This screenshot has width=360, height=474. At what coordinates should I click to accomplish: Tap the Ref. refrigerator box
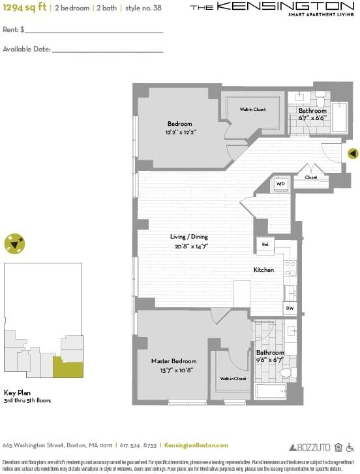265,244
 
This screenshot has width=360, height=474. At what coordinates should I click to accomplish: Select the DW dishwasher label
289,308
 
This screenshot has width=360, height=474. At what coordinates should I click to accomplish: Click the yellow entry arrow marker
352,153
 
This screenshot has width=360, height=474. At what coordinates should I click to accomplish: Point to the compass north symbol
14,244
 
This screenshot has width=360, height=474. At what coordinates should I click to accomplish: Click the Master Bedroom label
173,361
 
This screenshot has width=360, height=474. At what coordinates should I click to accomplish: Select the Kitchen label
263,269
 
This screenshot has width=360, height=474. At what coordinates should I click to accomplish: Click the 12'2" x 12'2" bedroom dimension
180,132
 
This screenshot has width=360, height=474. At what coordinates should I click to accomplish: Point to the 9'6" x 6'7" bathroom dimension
271,359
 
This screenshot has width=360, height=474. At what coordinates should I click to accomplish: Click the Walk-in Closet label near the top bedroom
252,110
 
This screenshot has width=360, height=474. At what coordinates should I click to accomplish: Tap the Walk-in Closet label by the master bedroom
232,378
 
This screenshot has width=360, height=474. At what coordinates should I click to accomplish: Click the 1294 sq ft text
25,7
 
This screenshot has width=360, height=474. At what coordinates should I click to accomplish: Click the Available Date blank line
107,50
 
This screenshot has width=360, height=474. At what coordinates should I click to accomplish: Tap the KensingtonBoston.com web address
196,445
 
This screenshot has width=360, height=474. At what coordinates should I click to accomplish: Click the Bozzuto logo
309,447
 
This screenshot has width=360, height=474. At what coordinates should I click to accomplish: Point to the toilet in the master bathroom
285,373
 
